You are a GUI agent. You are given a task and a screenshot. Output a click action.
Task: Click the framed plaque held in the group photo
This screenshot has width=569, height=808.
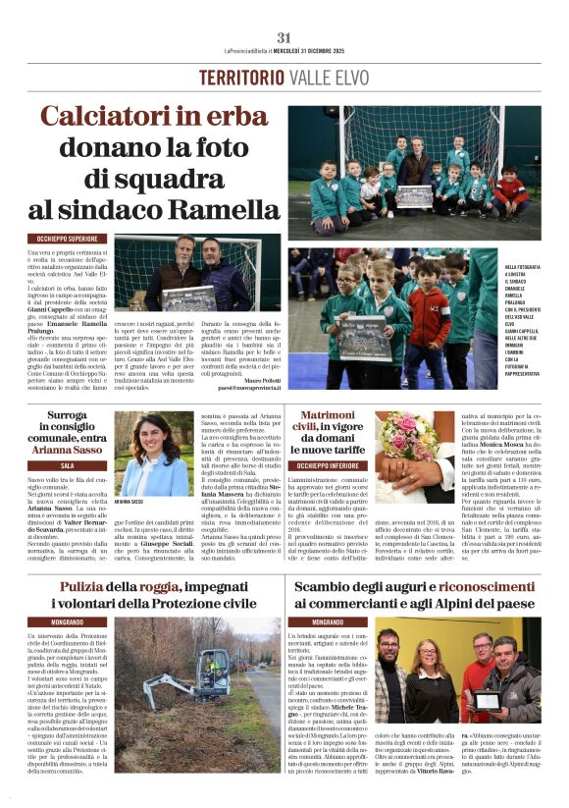(488, 699)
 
